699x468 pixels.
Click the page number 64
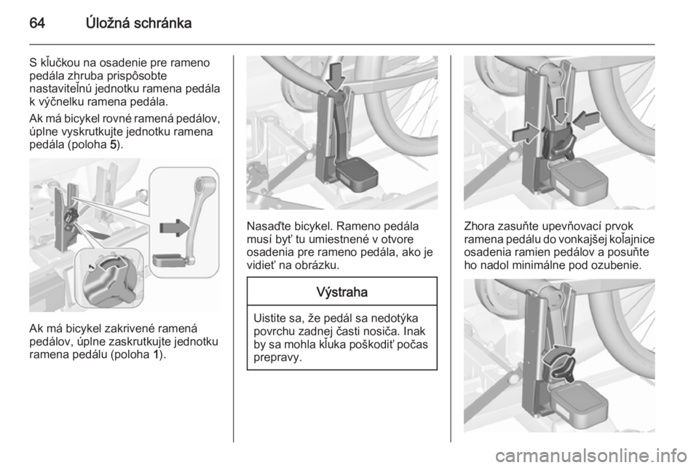pyautogui.click(x=37, y=23)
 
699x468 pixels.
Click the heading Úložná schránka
pyautogui.click(x=138, y=23)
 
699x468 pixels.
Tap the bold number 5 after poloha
pyautogui.click(x=113, y=146)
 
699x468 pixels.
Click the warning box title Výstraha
pyautogui.click(x=342, y=292)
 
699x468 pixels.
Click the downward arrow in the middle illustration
pyautogui.click(x=335, y=76)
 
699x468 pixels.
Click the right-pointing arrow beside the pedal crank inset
pyautogui.click(x=175, y=227)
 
